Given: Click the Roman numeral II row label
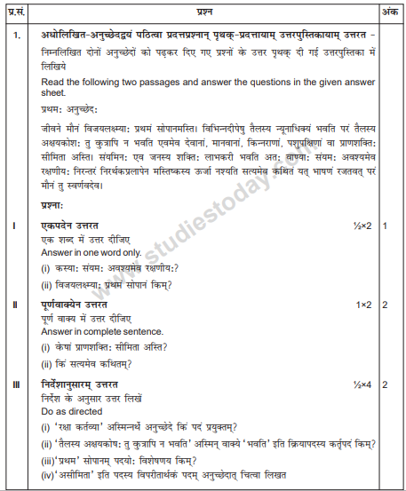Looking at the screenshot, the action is tap(14, 305).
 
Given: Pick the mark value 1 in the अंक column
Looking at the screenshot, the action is tap(386, 226).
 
